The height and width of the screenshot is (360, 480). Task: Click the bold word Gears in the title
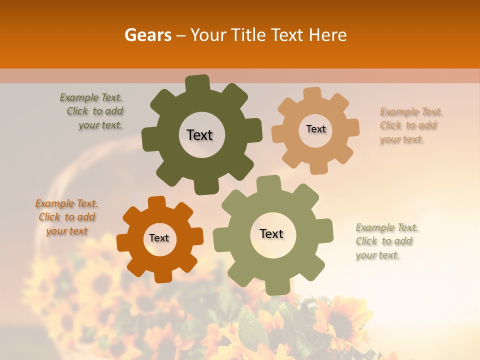(x=147, y=35)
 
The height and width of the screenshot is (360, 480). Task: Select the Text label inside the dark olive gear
(x=199, y=135)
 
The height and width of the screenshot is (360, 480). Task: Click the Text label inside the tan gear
(x=315, y=129)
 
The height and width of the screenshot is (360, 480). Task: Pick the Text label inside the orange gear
(x=159, y=238)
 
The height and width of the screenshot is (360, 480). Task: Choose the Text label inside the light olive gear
(x=271, y=233)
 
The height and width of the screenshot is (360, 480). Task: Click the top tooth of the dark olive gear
(x=197, y=82)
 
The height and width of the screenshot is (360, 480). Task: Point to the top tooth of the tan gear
(x=312, y=94)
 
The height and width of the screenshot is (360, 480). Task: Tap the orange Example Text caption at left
(x=67, y=217)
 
